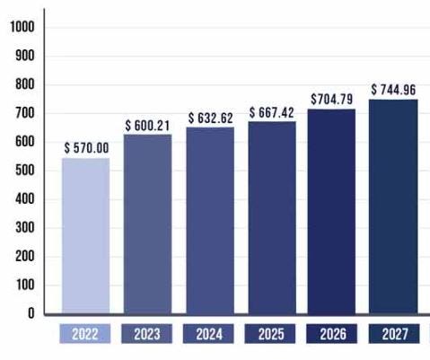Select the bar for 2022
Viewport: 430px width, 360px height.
point(85,235)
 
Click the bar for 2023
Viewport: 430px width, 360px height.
point(147,223)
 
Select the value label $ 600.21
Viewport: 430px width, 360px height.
point(148,124)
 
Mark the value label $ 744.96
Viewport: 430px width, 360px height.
point(394,89)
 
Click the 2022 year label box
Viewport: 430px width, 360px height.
point(85,334)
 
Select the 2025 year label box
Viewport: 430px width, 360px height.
point(271,334)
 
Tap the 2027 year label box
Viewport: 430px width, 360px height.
point(393,334)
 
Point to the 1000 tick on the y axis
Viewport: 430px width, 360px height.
point(21,27)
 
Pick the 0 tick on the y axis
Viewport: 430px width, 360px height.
point(31,313)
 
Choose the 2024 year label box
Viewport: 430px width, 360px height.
point(209,334)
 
